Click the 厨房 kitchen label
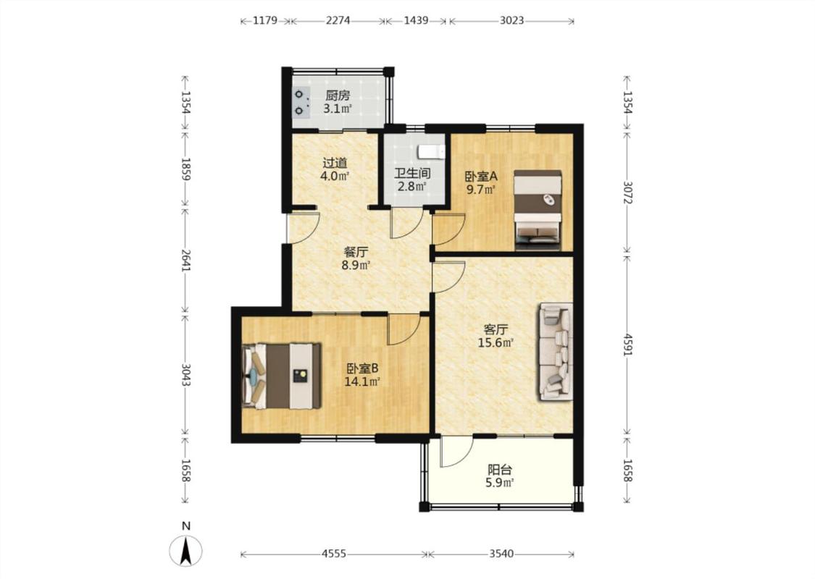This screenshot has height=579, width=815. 338,96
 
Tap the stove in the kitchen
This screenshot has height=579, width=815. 301,102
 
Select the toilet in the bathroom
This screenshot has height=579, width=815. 432,152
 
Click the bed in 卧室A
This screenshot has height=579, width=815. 538,210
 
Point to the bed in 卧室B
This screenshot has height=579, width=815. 281,375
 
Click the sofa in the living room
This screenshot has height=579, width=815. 556,352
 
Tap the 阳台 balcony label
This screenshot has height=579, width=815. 499,470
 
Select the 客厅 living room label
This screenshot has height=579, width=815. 496,329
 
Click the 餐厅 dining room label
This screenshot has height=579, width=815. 356,252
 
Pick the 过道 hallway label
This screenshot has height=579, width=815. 335,163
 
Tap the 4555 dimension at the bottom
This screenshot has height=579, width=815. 334,554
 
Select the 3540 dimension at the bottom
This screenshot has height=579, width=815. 501,554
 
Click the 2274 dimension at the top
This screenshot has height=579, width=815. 338,21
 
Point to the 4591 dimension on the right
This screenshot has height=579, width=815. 628,343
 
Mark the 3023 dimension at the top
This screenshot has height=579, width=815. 512,21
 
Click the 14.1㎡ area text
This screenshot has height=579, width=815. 362,381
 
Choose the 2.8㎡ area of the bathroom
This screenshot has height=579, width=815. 412,187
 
